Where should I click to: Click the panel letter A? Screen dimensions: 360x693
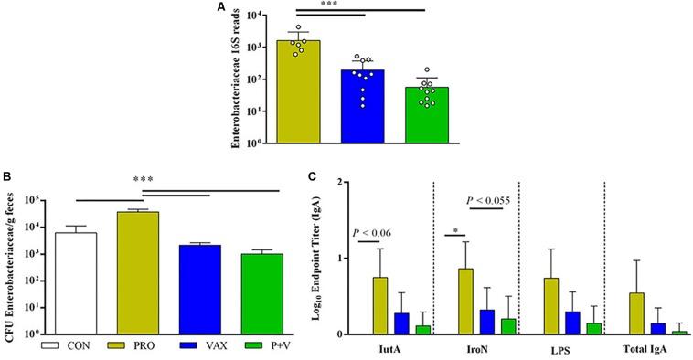coord(220,8)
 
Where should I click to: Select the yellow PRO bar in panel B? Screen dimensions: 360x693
coord(138,273)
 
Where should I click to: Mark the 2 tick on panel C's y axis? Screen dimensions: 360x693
coord(340,182)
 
